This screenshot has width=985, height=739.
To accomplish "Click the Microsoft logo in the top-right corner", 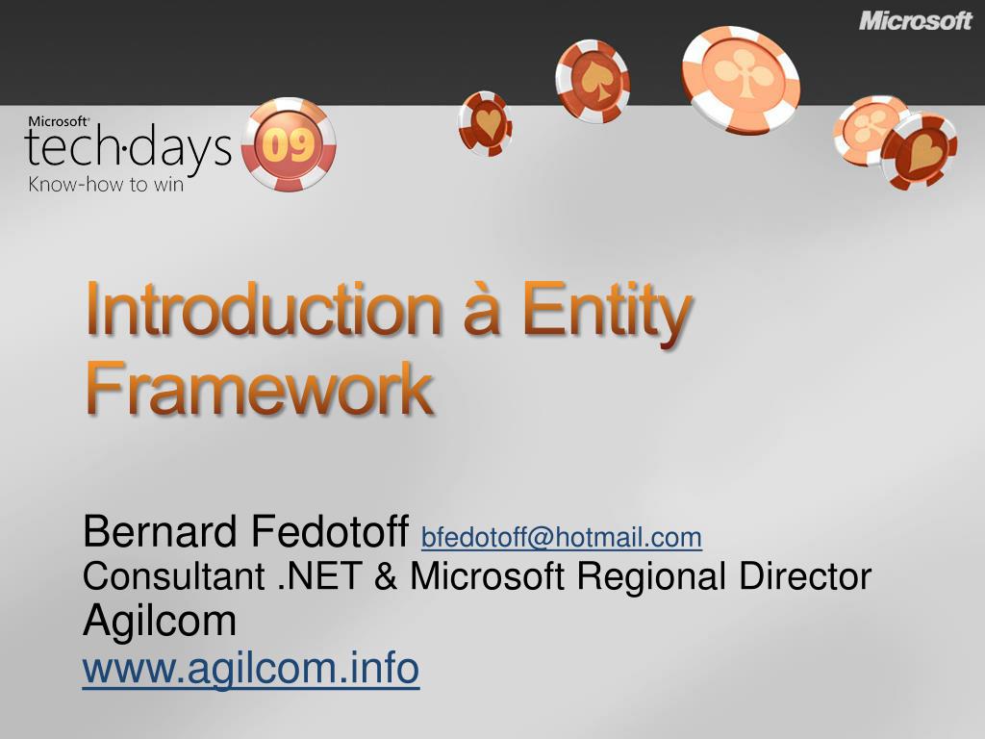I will tap(915, 20).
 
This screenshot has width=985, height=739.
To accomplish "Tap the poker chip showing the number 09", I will tap(289, 145).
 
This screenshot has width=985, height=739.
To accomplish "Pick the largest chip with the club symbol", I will tap(741, 78).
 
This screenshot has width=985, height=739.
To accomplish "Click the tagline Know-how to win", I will tap(105, 185).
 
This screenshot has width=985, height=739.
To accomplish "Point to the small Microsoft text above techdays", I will tap(58, 121).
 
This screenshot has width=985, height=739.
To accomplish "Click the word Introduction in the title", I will tap(260, 312).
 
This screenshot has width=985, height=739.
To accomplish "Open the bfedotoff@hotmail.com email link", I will tap(562, 537).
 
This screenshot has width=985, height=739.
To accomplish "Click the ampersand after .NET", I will tap(386, 576).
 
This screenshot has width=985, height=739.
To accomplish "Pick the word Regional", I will tap(653, 576).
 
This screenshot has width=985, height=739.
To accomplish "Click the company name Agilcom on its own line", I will tap(160, 622).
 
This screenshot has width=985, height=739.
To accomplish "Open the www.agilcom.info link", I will tap(251, 668).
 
